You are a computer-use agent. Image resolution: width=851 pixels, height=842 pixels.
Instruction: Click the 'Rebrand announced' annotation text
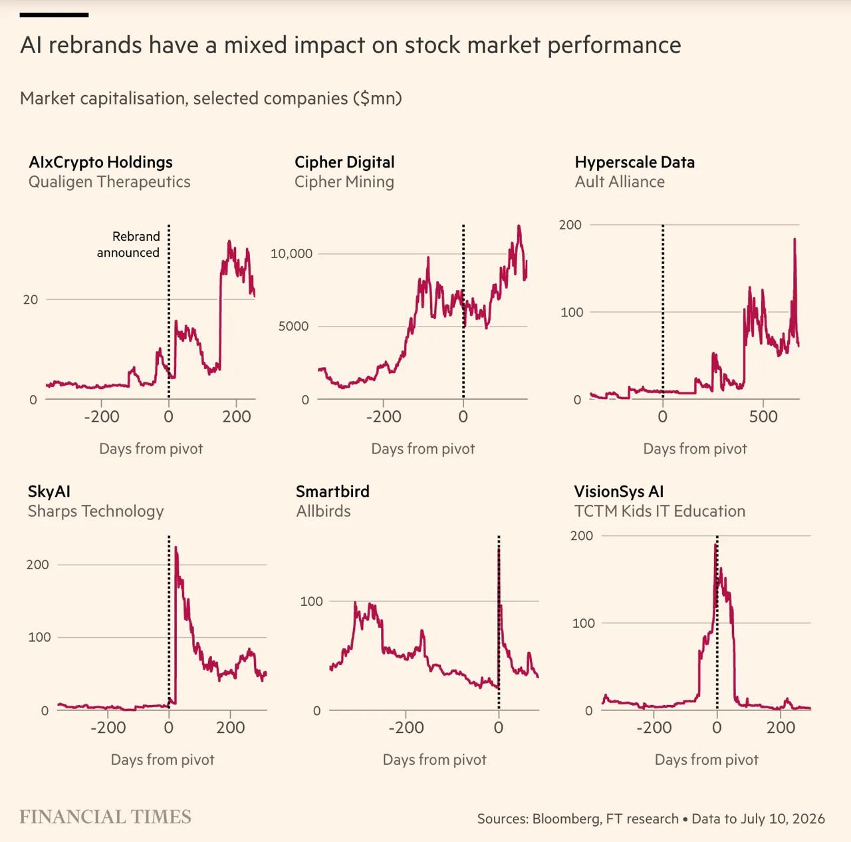pos(128,245)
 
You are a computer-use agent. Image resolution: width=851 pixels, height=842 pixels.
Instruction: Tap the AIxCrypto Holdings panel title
pos(100,162)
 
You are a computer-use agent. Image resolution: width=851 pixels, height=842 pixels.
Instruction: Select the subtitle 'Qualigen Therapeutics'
pos(109,182)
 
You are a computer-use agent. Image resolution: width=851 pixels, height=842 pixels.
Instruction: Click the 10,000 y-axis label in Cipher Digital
pos(291,253)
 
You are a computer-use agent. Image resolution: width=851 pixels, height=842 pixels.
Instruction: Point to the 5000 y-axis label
pos(293,327)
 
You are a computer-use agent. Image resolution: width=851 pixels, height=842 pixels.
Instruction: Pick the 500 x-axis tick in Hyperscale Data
pos(763,416)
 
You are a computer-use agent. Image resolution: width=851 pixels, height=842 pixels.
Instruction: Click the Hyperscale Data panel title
pos(635,162)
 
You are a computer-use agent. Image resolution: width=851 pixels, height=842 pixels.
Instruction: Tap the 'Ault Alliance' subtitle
pos(620,182)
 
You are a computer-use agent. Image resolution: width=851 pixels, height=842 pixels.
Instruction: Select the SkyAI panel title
pos(49,491)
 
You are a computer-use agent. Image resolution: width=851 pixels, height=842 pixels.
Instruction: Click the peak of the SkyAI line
pos(176,547)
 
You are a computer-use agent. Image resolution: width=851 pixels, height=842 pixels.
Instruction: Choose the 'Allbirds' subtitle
pos(323,511)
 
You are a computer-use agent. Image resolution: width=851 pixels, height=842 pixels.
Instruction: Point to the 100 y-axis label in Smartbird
pos(311,601)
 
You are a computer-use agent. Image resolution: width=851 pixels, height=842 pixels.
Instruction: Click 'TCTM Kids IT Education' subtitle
pos(660,511)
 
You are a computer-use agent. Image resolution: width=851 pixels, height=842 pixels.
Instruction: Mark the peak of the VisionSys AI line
pos(715,545)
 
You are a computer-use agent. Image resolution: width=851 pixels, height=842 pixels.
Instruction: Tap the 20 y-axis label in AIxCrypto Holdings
pos(31,300)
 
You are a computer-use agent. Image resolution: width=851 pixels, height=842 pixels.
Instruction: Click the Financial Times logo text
pos(105,817)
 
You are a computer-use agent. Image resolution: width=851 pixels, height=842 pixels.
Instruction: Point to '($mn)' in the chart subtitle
pos(377,98)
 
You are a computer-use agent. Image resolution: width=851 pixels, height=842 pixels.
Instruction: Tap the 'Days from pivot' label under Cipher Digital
pos(423,449)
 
